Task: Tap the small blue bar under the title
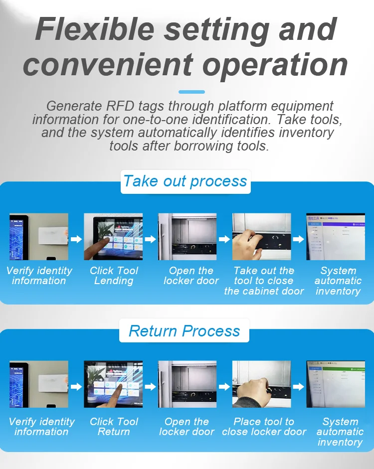191,92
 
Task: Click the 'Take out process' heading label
186,181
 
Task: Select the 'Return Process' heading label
185,331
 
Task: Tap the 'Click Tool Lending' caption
114,276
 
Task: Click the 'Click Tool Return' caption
114,427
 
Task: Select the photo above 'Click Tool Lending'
113,237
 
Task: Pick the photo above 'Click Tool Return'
113,384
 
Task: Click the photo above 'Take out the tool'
261,237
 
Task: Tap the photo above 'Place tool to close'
261,384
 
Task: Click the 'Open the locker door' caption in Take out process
191,276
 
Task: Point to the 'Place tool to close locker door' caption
264,427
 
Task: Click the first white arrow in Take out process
76,239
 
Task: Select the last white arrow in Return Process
298,387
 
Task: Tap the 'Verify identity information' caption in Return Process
41,427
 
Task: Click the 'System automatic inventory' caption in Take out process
338,281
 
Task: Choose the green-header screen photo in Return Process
336,384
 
